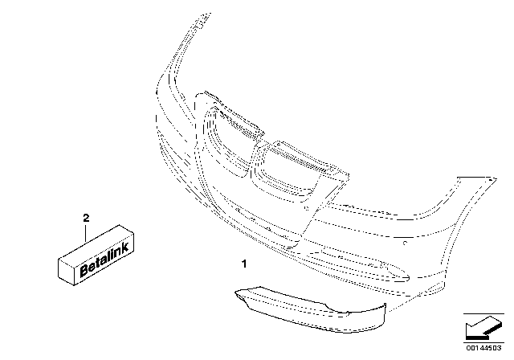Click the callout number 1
(244, 264)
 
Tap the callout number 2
(86, 218)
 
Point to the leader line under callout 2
(86, 232)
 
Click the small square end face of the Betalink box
(66, 272)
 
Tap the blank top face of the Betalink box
(96, 244)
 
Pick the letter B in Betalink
(84, 270)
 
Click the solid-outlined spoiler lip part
(311, 309)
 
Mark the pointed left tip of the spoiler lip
(235, 291)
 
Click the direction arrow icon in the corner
(483, 328)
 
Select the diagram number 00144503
(483, 348)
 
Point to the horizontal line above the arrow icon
(483, 313)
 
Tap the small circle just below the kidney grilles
(307, 208)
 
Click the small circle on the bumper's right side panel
(405, 243)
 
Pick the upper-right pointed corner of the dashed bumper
(496, 179)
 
